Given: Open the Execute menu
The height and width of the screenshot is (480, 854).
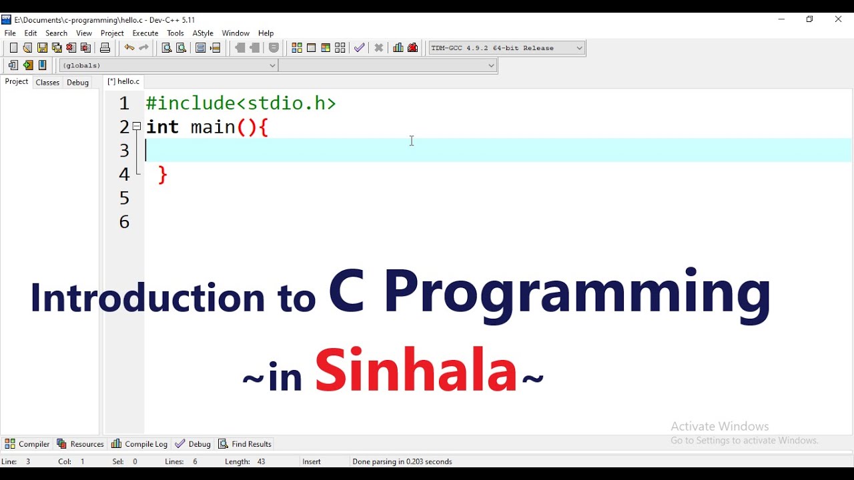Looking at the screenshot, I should pos(145,33).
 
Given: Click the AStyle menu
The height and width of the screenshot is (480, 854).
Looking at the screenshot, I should pos(203,33).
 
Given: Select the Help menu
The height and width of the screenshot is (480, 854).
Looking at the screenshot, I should pos(266,33).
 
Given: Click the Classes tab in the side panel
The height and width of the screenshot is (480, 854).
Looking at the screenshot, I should pos(47,83).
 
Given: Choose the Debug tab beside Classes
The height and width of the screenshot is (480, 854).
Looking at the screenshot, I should pos(77,83).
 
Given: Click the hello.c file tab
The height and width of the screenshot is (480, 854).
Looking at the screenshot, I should pos(124,82).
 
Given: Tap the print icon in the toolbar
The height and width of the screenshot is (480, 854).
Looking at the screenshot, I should pos(105,48).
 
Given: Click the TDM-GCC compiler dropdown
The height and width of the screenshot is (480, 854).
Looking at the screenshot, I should pos(506,48).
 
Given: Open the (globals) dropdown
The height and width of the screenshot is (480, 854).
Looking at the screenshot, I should pos(168,65).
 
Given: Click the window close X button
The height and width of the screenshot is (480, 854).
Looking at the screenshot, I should pos(838,19).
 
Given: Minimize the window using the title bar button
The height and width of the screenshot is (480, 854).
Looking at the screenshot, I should pos(781,19).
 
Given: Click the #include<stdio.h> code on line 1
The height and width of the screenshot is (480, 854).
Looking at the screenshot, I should pos(241,103).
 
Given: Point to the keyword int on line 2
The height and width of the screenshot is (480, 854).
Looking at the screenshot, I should pos(162,127).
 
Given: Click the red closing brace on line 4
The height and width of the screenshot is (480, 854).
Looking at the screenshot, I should pos(163,175).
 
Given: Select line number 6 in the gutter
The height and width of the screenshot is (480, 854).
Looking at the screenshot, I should pos(124,222).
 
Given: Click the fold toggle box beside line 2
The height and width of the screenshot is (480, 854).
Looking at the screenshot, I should pos(137,126).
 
